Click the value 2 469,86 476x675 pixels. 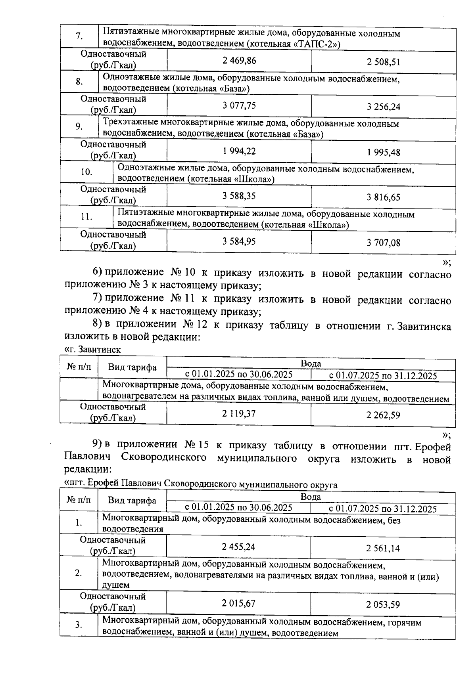[x=239, y=61]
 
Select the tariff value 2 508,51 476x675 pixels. [x=383, y=62]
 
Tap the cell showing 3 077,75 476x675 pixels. [x=239, y=105]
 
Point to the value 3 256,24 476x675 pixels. [x=383, y=107]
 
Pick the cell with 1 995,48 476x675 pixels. [x=383, y=152]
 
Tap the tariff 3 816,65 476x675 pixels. [x=383, y=197]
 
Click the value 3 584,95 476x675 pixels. [x=239, y=241]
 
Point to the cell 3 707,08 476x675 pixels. [x=383, y=242]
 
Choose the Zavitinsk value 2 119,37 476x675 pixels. [x=239, y=414]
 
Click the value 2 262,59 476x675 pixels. [x=383, y=415]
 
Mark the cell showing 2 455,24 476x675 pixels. [x=239, y=547]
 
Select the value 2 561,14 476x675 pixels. [x=383, y=548]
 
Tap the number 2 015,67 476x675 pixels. [x=239, y=603]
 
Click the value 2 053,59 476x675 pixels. [x=383, y=604]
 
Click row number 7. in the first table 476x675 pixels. [x=79, y=36]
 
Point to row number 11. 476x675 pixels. [x=86, y=217]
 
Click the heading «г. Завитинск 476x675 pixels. [x=92, y=350]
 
